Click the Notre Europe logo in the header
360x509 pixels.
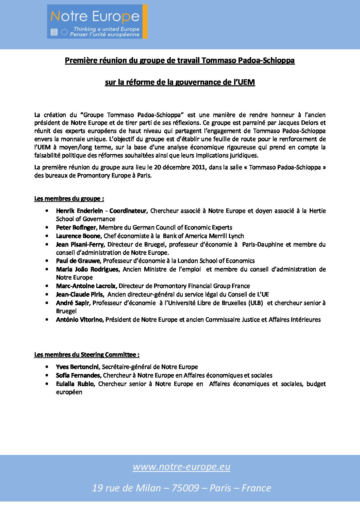pos(97,21)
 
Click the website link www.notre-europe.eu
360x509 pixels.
pos(181,466)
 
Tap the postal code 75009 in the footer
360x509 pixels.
pos(185,488)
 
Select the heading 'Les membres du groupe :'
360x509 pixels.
pos(69,199)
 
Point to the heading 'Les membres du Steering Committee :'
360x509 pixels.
pos(87,355)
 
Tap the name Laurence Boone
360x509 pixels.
pos(78,236)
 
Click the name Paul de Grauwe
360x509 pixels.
pos(78,261)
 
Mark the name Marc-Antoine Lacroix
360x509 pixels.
pos(86,286)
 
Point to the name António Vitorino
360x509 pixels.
pos(80,320)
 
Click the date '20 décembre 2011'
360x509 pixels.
pos(180,167)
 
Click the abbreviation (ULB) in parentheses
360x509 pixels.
pos(256,303)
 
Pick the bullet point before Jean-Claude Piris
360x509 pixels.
pos(47,294)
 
